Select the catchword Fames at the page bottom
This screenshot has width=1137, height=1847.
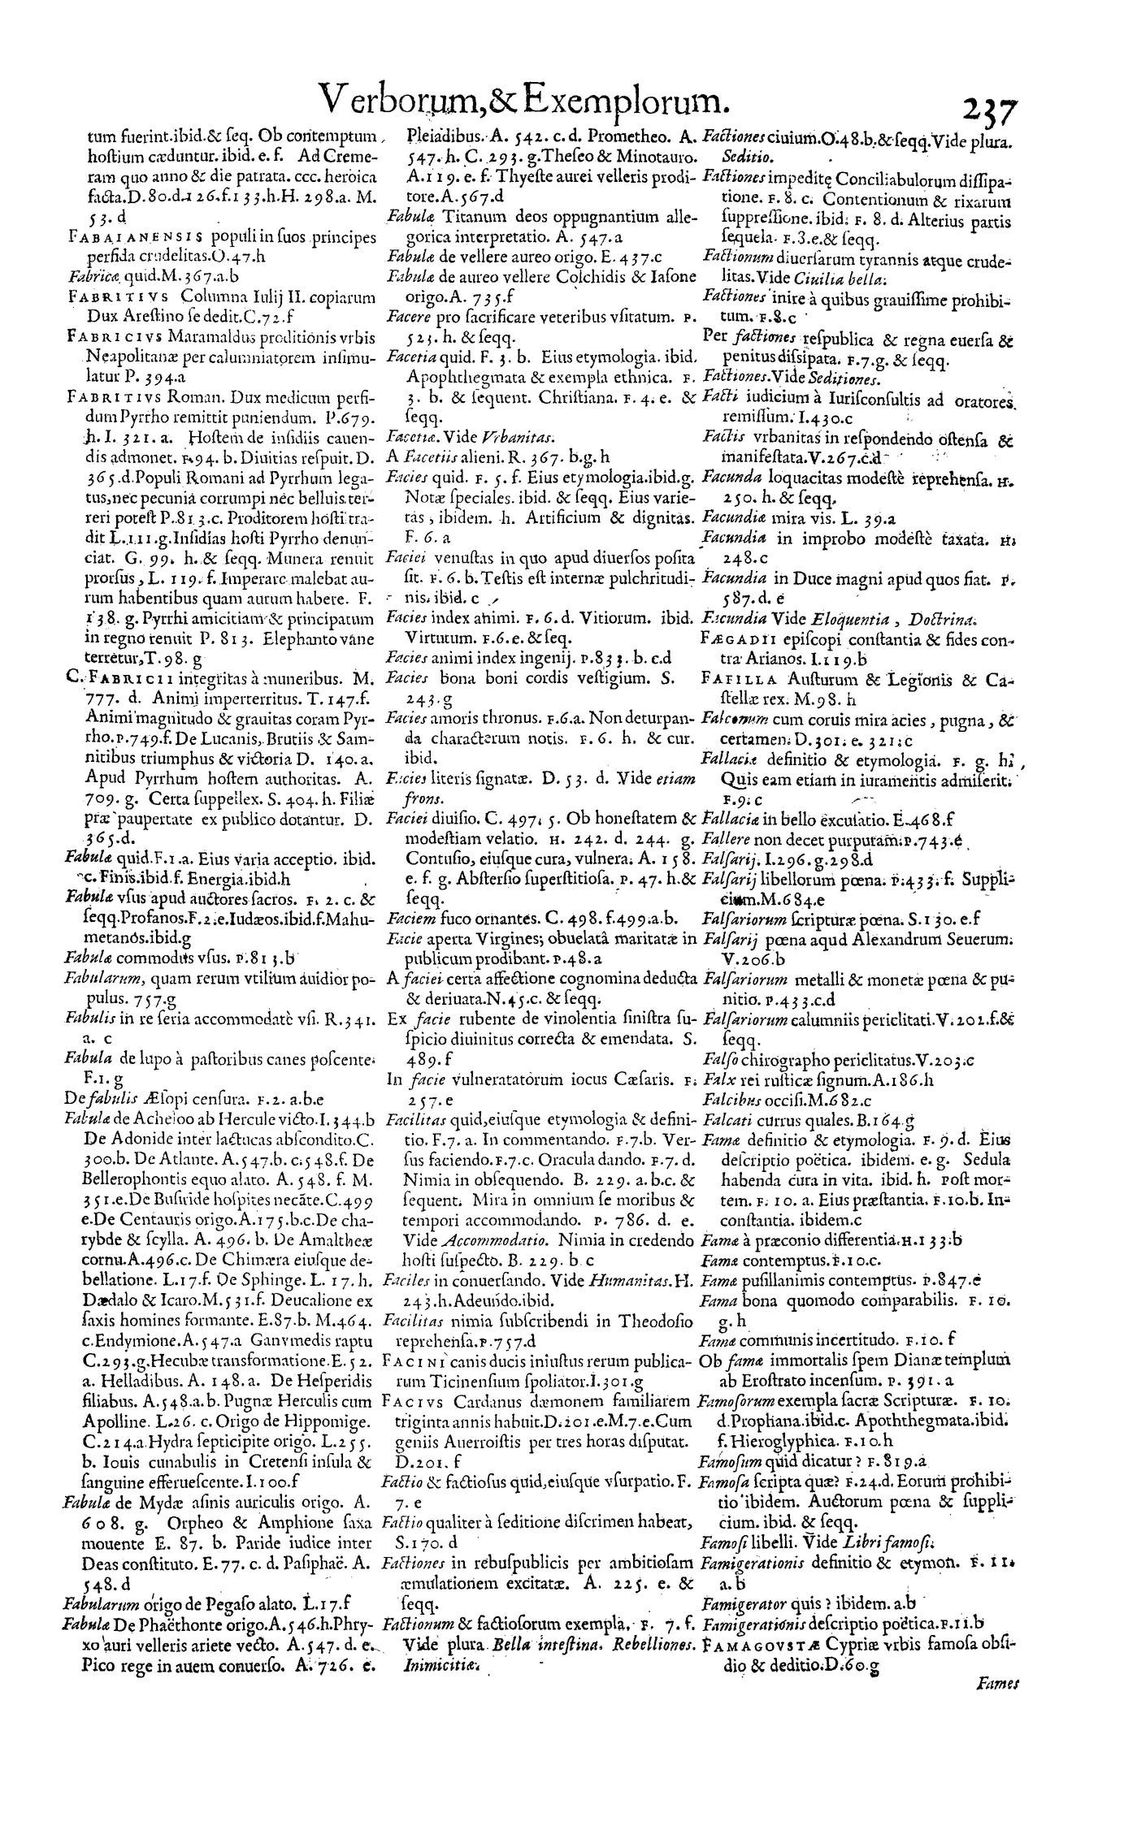(x=990, y=1819)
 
